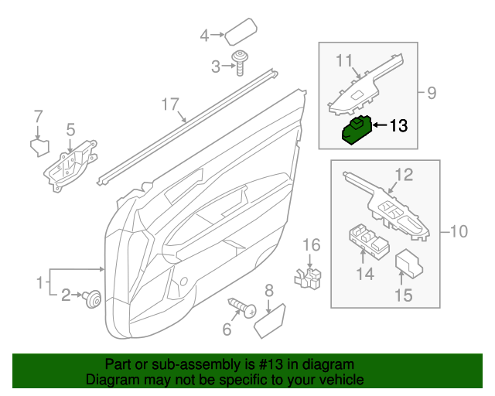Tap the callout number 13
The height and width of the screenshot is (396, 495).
397,125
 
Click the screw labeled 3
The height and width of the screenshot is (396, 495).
240,67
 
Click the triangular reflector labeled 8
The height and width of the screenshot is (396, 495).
270,318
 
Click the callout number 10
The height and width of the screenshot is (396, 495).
459,230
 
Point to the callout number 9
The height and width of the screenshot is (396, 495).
432,94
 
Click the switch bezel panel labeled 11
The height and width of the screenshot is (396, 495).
364,85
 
